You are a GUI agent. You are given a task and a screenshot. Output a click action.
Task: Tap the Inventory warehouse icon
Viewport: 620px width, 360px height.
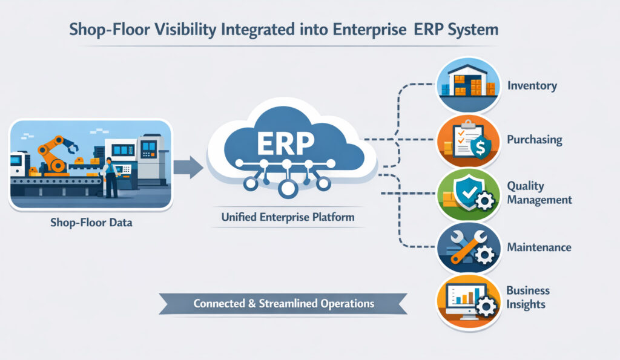[469, 84]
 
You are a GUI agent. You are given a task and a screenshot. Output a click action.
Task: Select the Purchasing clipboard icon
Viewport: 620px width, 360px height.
[469, 140]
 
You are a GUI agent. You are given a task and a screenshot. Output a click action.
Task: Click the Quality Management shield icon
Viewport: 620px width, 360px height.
[469, 193]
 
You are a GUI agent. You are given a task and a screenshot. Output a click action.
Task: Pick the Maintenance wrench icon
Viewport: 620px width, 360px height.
[469, 247]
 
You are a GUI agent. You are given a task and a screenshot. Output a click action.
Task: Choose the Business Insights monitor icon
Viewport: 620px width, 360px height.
[469, 301]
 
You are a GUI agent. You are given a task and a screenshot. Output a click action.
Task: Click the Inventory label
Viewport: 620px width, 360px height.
[532, 85]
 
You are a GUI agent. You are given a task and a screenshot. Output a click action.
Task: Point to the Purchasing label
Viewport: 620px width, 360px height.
[534, 140]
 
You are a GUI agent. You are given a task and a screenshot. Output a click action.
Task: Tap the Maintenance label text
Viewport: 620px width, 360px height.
[539, 247]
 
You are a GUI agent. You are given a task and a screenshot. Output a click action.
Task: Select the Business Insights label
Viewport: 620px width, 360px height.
[527, 297]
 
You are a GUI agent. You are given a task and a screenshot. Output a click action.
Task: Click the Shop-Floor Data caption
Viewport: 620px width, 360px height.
[91, 223]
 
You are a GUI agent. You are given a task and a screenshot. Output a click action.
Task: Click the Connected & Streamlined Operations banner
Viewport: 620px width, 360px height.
[283, 303]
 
